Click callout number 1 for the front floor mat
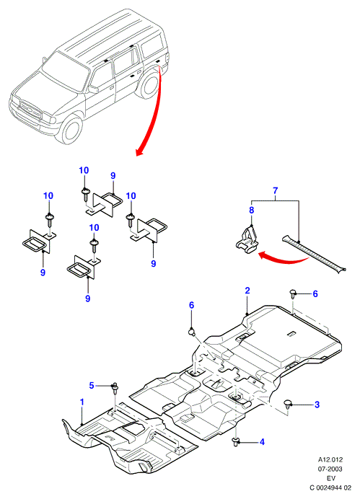82,402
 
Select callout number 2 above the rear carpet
247,291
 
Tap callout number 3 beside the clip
317,405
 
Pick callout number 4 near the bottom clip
262,442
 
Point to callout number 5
92,386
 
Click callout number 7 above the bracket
276,190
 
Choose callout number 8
252,210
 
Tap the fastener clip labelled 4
236,441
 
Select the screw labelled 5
115,388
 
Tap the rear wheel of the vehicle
149,84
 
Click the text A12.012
330,460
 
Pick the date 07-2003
330,469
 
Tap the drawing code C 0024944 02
330,488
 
